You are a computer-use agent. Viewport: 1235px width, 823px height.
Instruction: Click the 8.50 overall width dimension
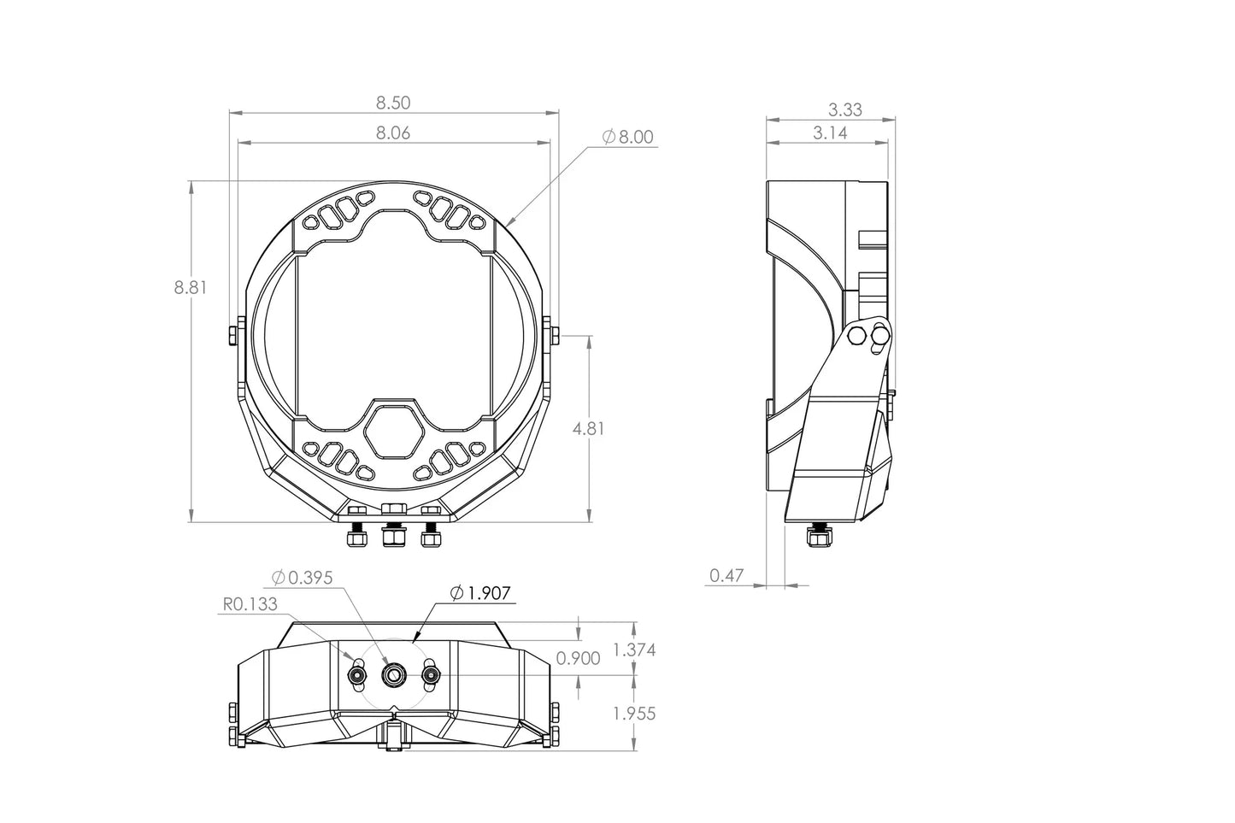(393, 103)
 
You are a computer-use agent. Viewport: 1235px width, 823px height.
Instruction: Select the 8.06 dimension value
(393, 132)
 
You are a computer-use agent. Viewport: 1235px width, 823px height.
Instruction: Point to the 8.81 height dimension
(191, 288)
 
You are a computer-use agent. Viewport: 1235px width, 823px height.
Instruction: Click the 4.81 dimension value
(588, 429)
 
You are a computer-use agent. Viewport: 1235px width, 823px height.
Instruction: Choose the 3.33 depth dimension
(844, 109)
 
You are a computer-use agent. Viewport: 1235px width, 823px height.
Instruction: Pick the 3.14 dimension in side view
(829, 133)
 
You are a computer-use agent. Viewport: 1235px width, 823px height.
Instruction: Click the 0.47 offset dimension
(726, 575)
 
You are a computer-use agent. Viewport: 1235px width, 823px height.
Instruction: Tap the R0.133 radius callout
(250, 604)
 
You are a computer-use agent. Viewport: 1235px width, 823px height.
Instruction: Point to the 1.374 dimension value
(634, 650)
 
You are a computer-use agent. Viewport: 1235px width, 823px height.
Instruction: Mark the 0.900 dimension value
(578, 658)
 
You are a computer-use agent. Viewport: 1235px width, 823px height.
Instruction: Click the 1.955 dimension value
(634, 714)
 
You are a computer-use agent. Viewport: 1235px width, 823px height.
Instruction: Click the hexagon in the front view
(394, 432)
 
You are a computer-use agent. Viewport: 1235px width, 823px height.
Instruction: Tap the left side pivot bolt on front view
(232, 336)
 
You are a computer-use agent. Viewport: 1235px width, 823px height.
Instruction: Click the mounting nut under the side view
(817, 538)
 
